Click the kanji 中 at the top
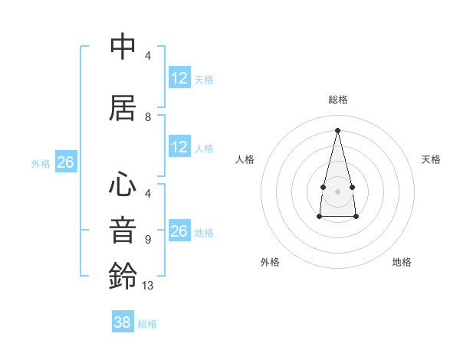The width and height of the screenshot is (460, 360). [x=123, y=47]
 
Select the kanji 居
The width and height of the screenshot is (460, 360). [x=123, y=108]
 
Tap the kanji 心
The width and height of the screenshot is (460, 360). [x=123, y=185]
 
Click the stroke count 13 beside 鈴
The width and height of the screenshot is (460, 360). [x=148, y=285]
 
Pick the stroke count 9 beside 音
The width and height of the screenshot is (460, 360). [x=148, y=239]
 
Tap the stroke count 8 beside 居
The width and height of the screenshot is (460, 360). [x=148, y=117]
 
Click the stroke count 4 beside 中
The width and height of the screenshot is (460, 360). [x=148, y=56]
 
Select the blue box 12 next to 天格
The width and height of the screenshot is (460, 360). [x=179, y=78]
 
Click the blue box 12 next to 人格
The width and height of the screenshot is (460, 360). [x=179, y=147]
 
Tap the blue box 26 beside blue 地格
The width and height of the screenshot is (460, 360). [x=179, y=231]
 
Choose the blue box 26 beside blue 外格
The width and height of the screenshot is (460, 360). [x=65, y=162]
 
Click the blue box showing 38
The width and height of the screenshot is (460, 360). [x=123, y=322]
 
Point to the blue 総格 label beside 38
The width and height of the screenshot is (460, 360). [x=147, y=324]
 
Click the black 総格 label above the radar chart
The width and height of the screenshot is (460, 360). [x=338, y=100]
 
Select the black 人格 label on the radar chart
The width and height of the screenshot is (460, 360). [x=245, y=159]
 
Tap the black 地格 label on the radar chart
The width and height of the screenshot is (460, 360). [x=402, y=262]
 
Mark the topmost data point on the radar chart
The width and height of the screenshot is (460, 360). [x=337, y=129]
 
